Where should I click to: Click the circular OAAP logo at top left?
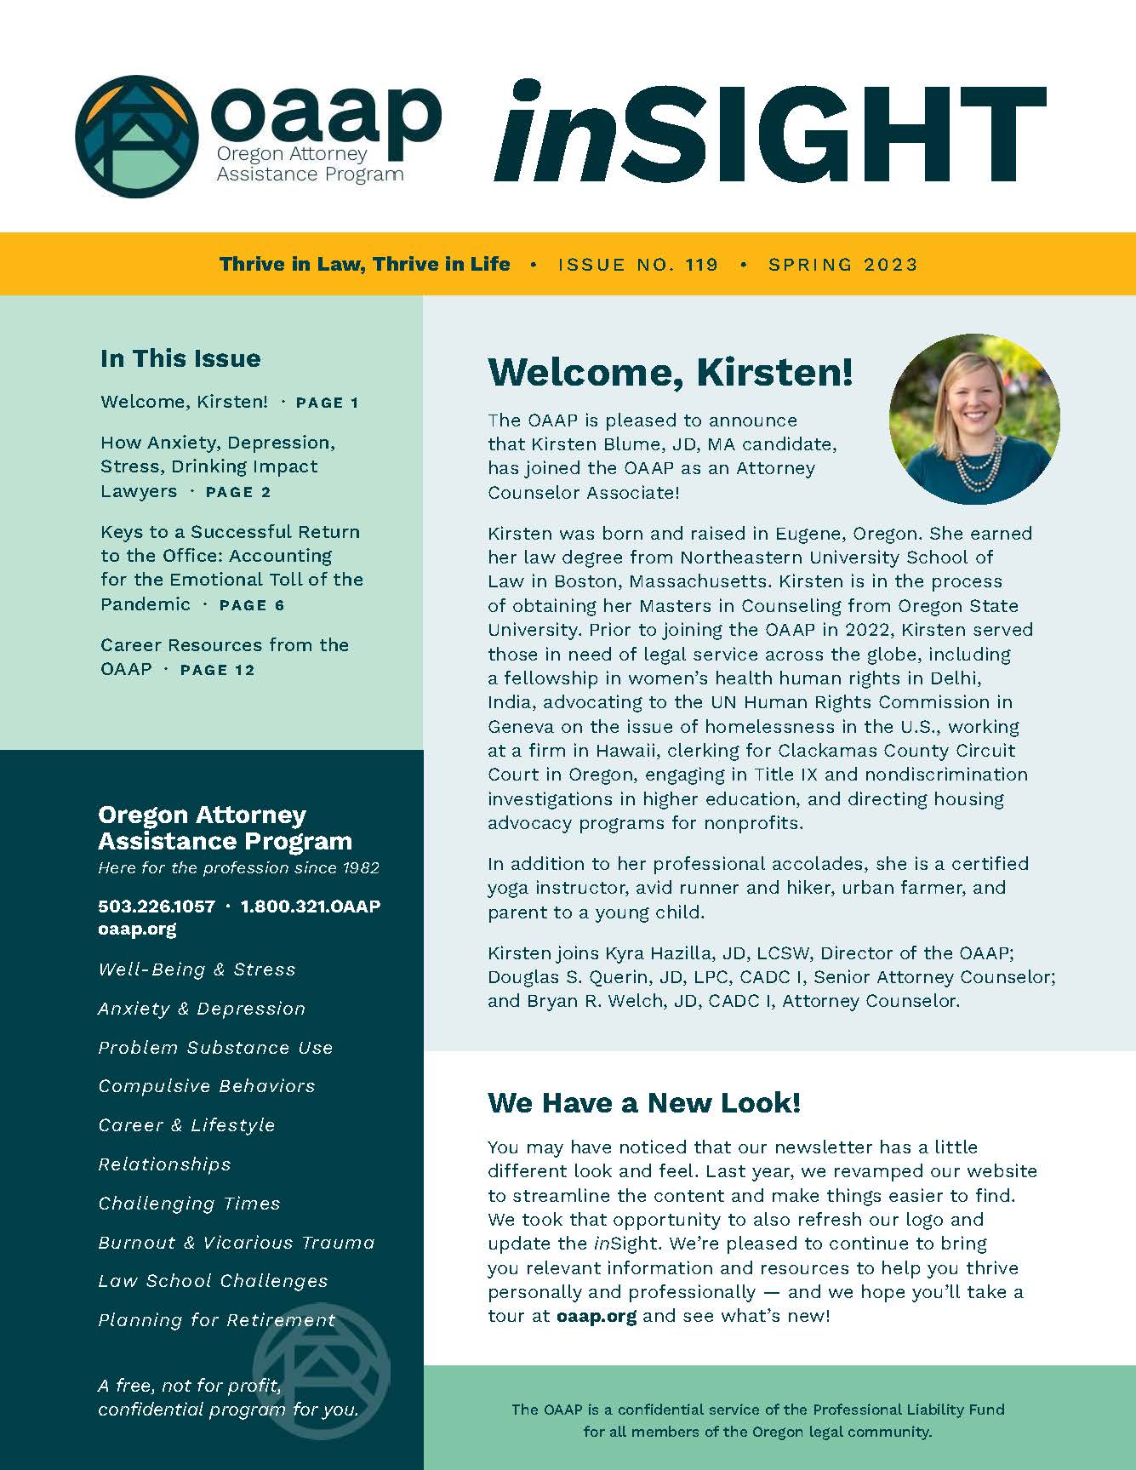(137, 137)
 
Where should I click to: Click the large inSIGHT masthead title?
(769, 133)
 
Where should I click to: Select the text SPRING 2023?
(842, 265)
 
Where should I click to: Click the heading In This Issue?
(180, 358)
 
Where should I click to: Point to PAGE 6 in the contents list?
(252, 605)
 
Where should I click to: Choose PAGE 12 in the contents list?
(217, 670)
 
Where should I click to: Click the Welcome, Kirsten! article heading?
(670, 372)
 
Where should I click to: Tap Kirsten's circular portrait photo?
(974, 419)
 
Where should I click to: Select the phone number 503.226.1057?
(157, 907)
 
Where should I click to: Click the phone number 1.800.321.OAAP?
(311, 907)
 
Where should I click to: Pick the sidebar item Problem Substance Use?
(215, 1048)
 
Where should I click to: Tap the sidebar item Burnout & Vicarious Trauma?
(237, 1243)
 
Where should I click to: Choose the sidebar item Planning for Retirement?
(217, 1320)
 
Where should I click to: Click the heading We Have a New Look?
(644, 1103)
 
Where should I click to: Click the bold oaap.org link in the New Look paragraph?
(597, 1316)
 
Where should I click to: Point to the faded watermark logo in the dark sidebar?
(323, 1370)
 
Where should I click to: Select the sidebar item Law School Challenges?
(213, 1281)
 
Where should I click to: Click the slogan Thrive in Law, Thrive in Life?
(365, 265)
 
